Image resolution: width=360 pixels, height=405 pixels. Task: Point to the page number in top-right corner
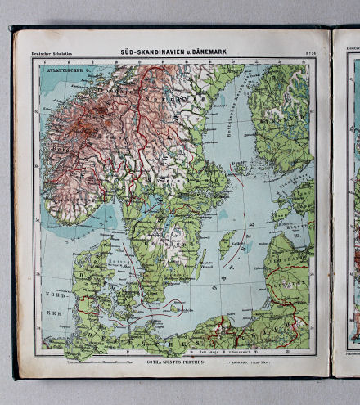click(309, 55)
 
